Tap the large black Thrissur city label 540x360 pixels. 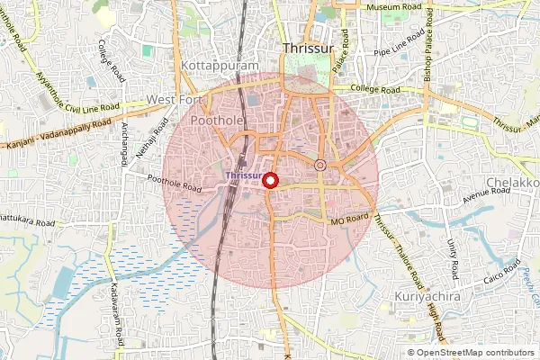309,49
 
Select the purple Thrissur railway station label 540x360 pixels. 244,175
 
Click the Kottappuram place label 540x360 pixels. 220,67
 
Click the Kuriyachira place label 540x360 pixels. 427,295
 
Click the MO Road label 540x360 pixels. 350,219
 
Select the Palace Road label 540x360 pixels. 339,58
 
